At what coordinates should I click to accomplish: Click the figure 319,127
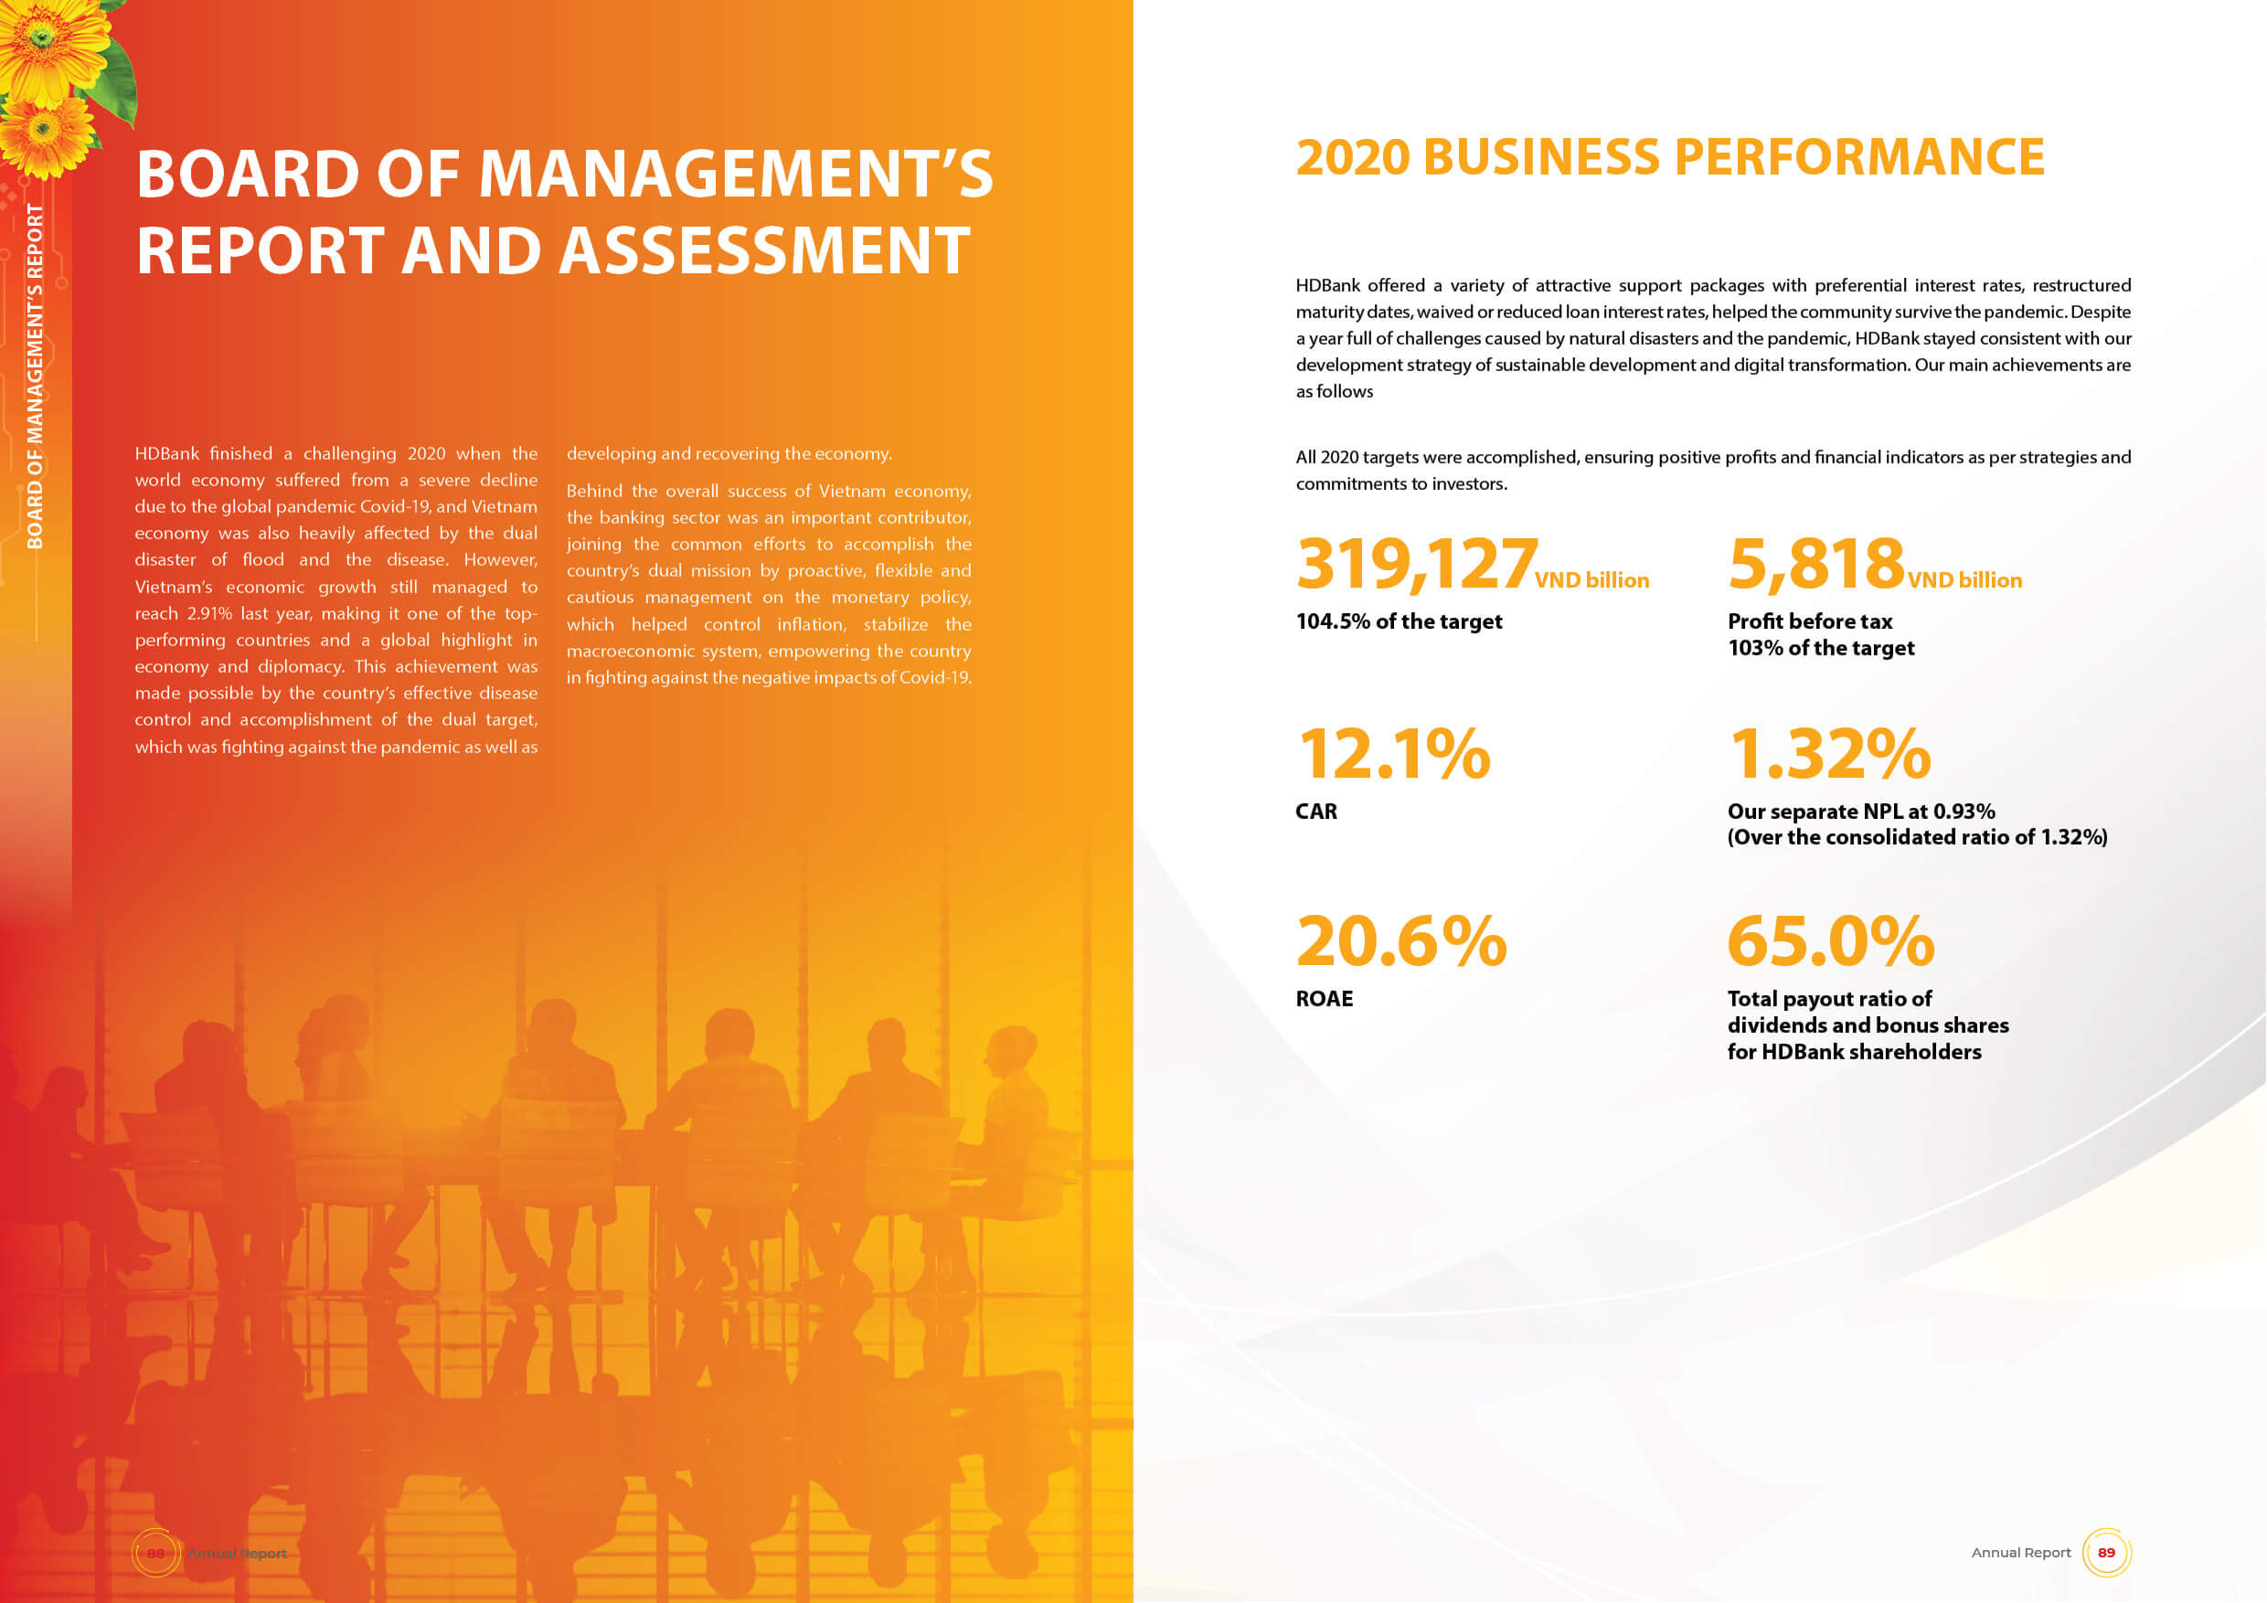(x=1416, y=564)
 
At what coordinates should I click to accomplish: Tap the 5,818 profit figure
(x=1815, y=564)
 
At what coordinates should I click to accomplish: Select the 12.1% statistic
(x=1392, y=754)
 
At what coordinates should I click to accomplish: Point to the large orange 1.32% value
(x=1828, y=754)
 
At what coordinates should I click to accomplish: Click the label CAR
(x=1316, y=812)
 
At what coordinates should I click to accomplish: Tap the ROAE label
(x=1323, y=999)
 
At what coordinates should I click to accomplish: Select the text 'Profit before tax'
(x=1809, y=621)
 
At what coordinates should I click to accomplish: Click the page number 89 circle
(x=2106, y=1553)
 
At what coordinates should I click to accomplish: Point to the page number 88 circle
(x=155, y=1553)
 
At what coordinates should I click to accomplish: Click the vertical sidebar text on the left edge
(x=36, y=375)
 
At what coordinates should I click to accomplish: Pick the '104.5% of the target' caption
(x=1398, y=621)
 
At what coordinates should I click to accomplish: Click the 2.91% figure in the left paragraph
(x=209, y=614)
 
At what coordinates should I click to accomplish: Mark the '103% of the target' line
(x=1820, y=649)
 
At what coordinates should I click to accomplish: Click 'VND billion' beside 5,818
(x=1964, y=580)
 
